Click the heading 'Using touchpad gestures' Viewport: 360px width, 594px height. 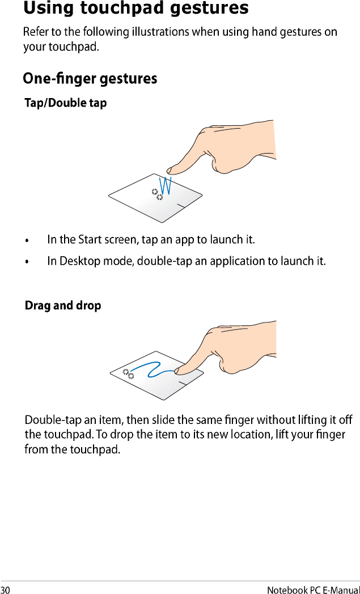[135, 9]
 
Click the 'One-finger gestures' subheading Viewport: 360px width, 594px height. [90, 79]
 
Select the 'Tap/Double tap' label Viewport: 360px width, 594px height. [66, 103]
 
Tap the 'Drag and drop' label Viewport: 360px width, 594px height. [63, 306]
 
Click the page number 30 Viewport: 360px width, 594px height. [5, 589]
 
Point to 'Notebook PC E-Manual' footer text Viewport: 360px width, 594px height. [313, 589]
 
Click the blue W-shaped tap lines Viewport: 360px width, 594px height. [166, 186]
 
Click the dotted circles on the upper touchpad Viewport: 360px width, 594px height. [157, 194]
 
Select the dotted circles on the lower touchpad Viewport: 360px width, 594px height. [129, 373]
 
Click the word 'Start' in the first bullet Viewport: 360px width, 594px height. [90, 239]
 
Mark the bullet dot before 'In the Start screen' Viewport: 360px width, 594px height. [27, 240]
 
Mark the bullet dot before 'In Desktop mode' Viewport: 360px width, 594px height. [27, 262]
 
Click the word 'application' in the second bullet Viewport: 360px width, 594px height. [243, 261]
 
